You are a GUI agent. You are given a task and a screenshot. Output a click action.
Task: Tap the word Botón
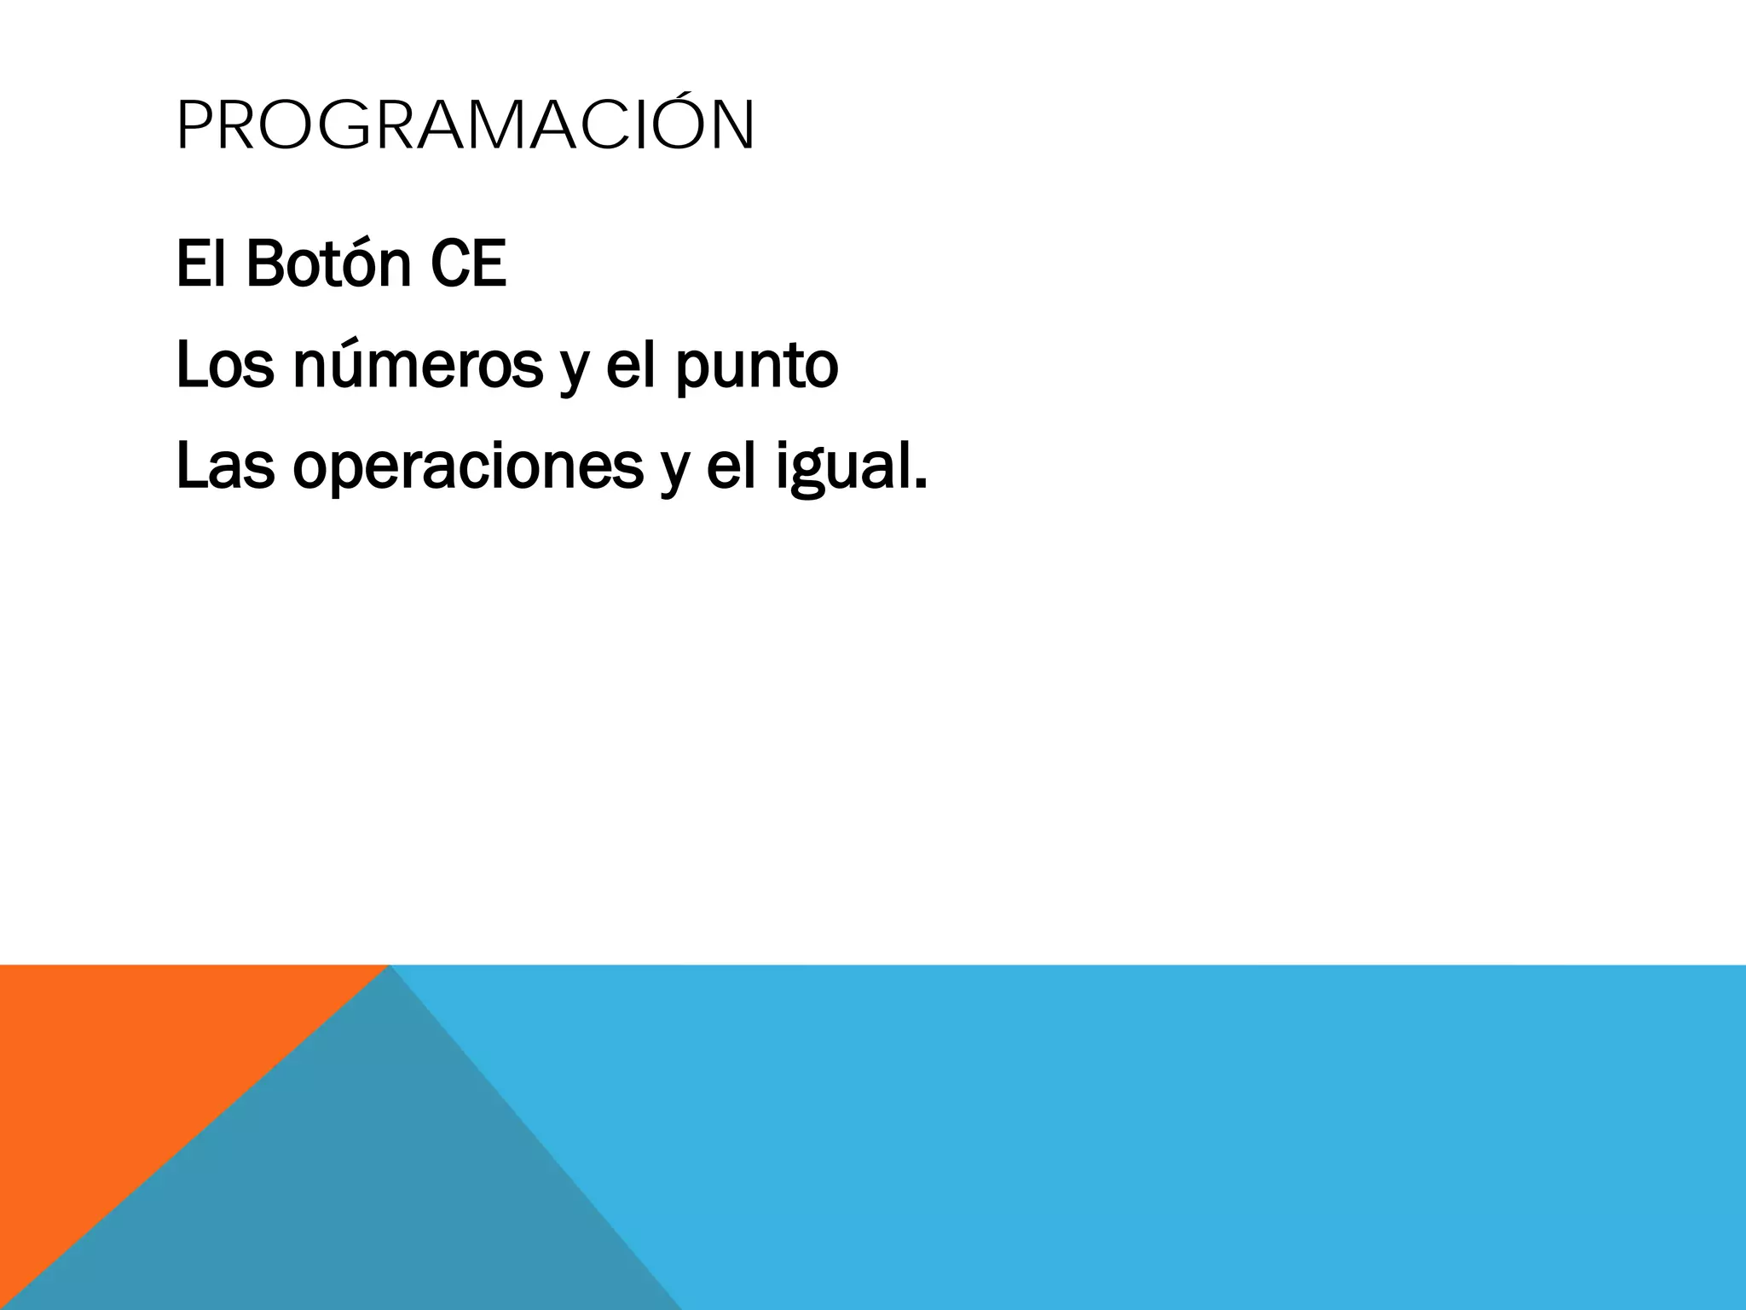[329, 264]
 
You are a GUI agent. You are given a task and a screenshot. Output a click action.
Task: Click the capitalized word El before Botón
[202, 264]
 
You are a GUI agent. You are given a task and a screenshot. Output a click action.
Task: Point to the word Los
[225, 365]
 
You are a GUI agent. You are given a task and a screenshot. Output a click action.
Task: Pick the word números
[418, 365]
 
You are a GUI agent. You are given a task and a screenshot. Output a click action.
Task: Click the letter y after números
[575, 371]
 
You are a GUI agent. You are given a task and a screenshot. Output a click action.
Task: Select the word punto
[757, 368]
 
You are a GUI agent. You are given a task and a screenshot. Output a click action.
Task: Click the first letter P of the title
[193, 126]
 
